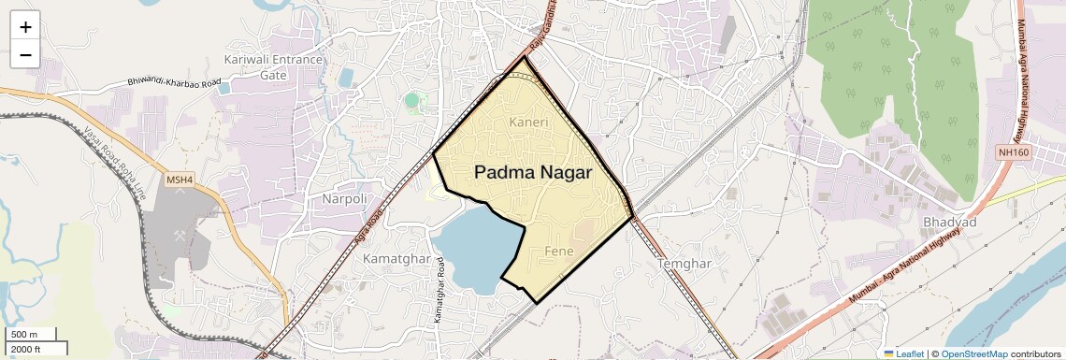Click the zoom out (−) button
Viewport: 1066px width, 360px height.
(x=25, y=55)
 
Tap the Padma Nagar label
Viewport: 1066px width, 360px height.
(x=533, y=172)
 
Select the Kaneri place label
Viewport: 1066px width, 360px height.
(x=528, y=122)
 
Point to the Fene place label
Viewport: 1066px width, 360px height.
(x=558, y=251)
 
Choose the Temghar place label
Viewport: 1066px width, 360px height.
(x=685, y=264)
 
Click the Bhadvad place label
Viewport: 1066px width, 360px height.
(x=949, y=222)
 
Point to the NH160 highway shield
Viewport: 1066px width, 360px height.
(x=1012, y=151)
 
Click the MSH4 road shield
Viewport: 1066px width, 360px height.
(x=152, y=179)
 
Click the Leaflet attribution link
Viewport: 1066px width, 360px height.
(x=903, y=353)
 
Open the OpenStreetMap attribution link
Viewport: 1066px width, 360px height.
(x=973, y=353)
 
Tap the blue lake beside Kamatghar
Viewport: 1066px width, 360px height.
(x=472, y=248)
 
